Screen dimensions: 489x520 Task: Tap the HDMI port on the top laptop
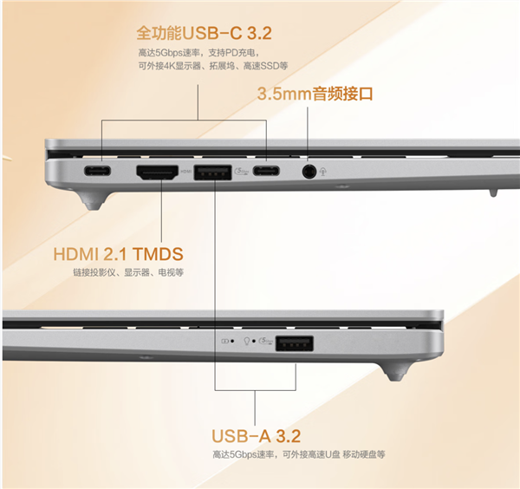point(157,172)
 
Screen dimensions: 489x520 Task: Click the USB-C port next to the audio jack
point(266,171)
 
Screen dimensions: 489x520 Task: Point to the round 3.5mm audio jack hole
point(309,171)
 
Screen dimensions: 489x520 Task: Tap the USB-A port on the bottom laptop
point(294,342)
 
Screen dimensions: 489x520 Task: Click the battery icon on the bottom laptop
point(227,342)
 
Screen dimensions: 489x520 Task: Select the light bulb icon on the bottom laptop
point(248,342)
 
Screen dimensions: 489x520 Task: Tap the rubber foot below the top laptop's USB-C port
point(93,200)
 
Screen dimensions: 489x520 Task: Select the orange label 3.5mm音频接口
point(315,94)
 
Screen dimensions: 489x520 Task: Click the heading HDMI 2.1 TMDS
point(119,255)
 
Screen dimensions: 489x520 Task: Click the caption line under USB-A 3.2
point(297,453)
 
